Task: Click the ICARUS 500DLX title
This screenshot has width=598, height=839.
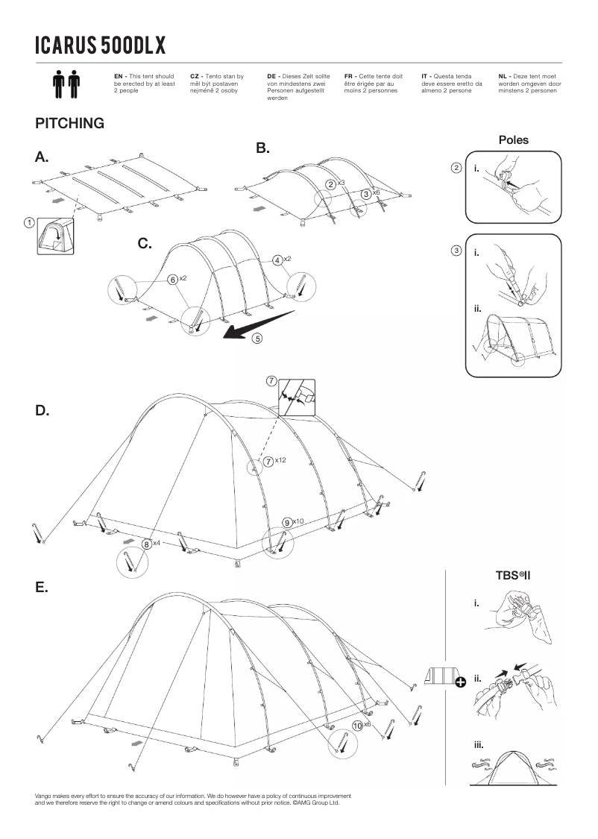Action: [x=100, y=45]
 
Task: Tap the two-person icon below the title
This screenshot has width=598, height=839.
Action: [x=66, y=84]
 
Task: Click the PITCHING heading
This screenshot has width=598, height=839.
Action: [x=69, y=123]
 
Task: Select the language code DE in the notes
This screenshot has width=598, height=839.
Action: [x=272, y=76]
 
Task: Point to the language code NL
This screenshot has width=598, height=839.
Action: [x=503, y=76]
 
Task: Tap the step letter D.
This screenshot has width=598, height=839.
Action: [x=43, y=411]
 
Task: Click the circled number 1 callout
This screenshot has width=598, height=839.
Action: [x=28, y=221]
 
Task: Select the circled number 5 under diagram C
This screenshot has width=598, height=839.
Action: [x=257, y=338]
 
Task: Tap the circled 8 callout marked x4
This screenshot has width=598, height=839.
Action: [x=147, y=544]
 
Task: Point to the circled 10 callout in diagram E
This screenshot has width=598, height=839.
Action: [x=357, y=725]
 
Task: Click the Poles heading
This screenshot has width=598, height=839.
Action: [x=513, y=139]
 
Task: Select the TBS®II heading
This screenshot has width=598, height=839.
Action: [x=512, y=575]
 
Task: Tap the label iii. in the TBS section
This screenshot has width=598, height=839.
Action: [x=479, y=744]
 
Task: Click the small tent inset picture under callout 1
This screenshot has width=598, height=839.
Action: [x=55, y=236]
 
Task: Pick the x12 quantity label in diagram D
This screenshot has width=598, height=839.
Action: [x=280, y=461]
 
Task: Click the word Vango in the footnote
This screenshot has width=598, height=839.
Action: [x=43, y=796]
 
